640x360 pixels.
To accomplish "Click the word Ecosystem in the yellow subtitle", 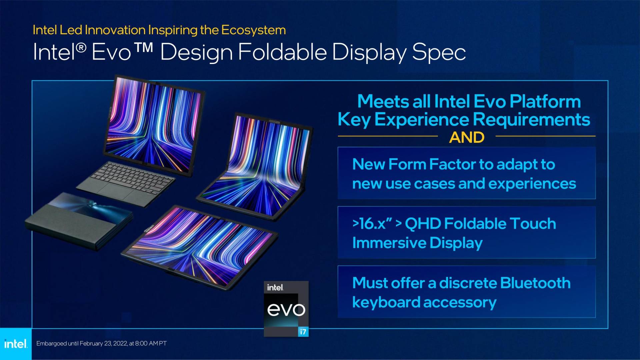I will point(253,30).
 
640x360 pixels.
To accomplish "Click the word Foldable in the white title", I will point(283,52).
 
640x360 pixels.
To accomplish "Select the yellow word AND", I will point(466,137).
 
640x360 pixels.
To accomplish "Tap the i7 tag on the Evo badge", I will point(303,332).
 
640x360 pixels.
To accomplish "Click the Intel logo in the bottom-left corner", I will point(15,344).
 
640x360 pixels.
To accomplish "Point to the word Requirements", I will point(531,119).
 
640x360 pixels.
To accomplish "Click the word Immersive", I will point(389,243).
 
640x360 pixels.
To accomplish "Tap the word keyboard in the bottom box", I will point(386,303).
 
